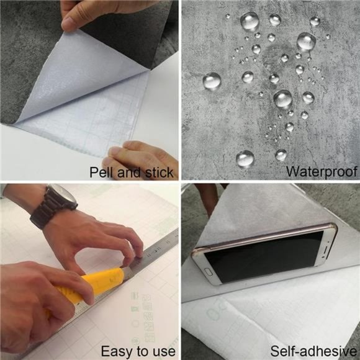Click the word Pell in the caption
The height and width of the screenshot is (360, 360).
pos(102,171)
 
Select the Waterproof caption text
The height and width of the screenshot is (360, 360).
pos(321,171)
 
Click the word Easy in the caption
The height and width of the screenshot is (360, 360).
pos(114,351)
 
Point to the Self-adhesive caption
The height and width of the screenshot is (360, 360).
pos(314,351)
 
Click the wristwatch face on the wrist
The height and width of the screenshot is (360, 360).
pos(62,197)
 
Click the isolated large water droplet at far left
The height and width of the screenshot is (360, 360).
pos(212,81)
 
